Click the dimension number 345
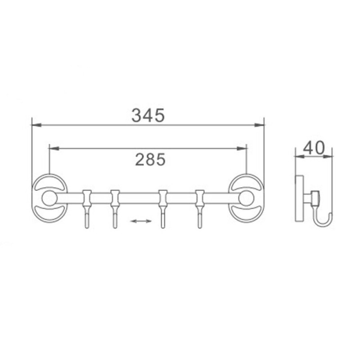click(148, 115)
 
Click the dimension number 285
click(150, 160)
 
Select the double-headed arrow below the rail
click(141, 221)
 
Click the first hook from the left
click(87, 209)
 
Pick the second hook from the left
click(115, 209)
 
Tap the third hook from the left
click(163, 209)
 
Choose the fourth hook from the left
click(200, 209)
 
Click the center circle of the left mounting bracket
click(49, 198)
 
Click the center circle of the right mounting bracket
click(246, 198)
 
